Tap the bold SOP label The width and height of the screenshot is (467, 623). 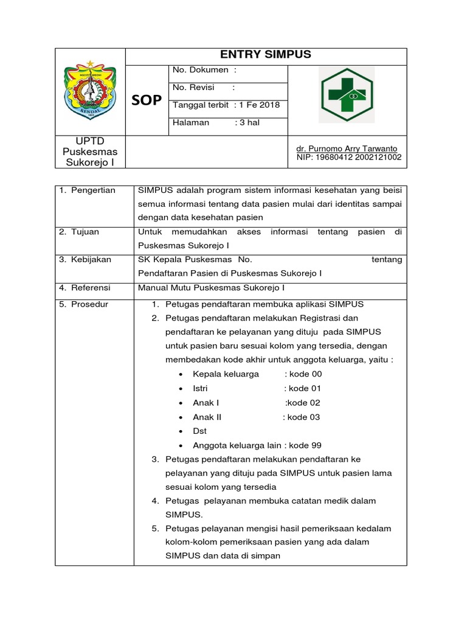[147, 100]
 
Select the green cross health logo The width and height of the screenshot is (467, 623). [347, 95]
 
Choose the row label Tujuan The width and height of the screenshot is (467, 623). [79, 232]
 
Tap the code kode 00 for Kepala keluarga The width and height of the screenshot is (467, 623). [305, 374]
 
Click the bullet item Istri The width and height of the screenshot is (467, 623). [202, 388]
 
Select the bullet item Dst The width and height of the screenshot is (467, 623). [199, 431]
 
